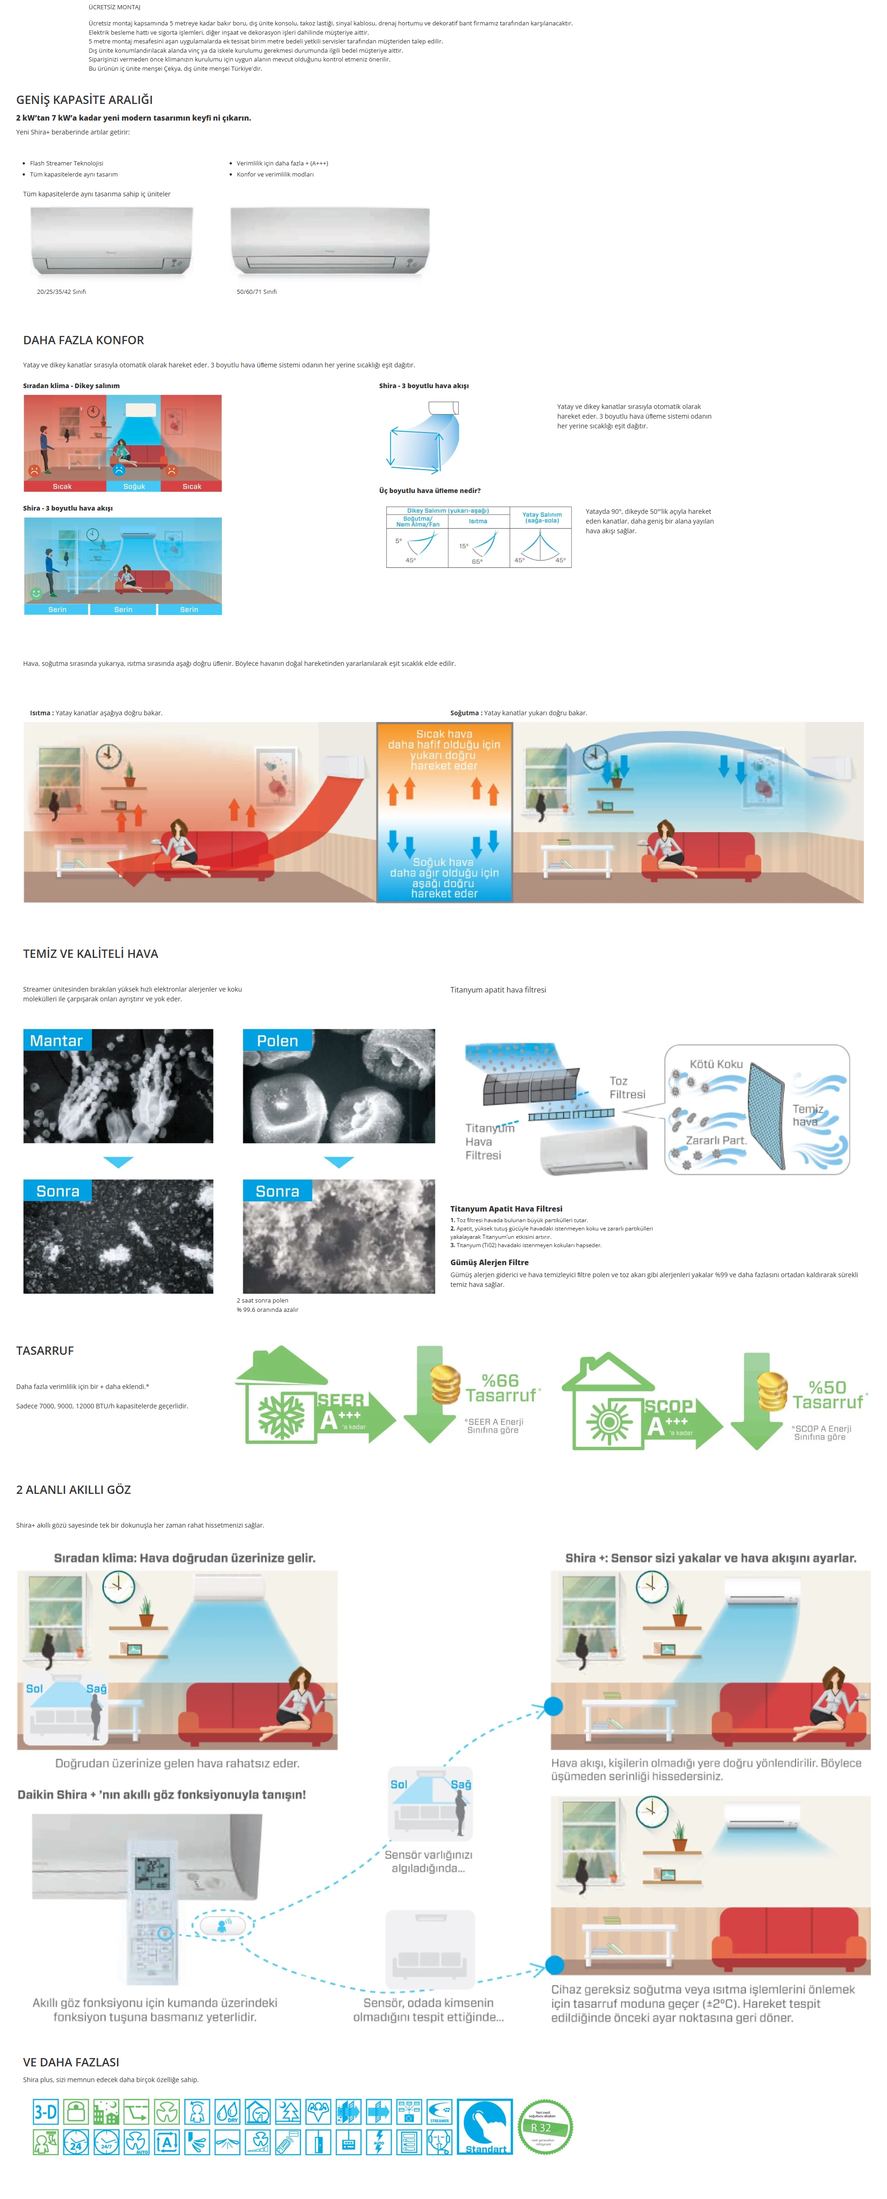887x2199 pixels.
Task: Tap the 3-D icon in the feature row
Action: point(45,2112)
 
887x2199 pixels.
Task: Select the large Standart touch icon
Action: point(485,2126)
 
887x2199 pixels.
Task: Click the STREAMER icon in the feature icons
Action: point(439,2112)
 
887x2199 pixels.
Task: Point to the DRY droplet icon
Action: point(227,2112)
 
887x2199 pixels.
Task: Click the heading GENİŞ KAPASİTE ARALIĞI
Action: point(85,100)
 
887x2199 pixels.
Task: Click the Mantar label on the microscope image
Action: point(56,1041)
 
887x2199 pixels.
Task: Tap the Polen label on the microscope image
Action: point(278,1041)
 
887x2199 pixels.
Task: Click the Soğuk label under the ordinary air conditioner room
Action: point(134,487)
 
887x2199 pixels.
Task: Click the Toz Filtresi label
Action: point(626,1088)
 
